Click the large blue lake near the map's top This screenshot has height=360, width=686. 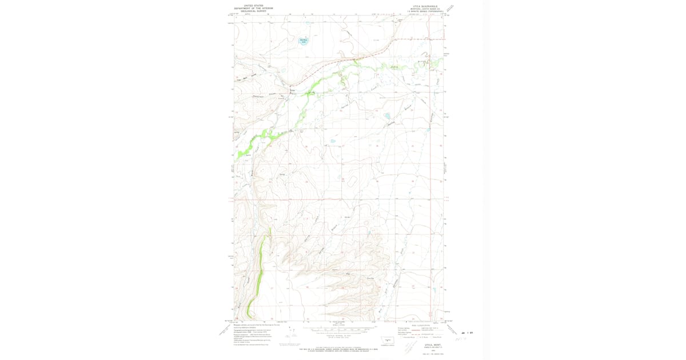click(x=304, y=41)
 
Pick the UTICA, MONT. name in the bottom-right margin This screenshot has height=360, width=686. click(x=422, y=345)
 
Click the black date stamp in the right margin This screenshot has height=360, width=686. click(x=469, y=333)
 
